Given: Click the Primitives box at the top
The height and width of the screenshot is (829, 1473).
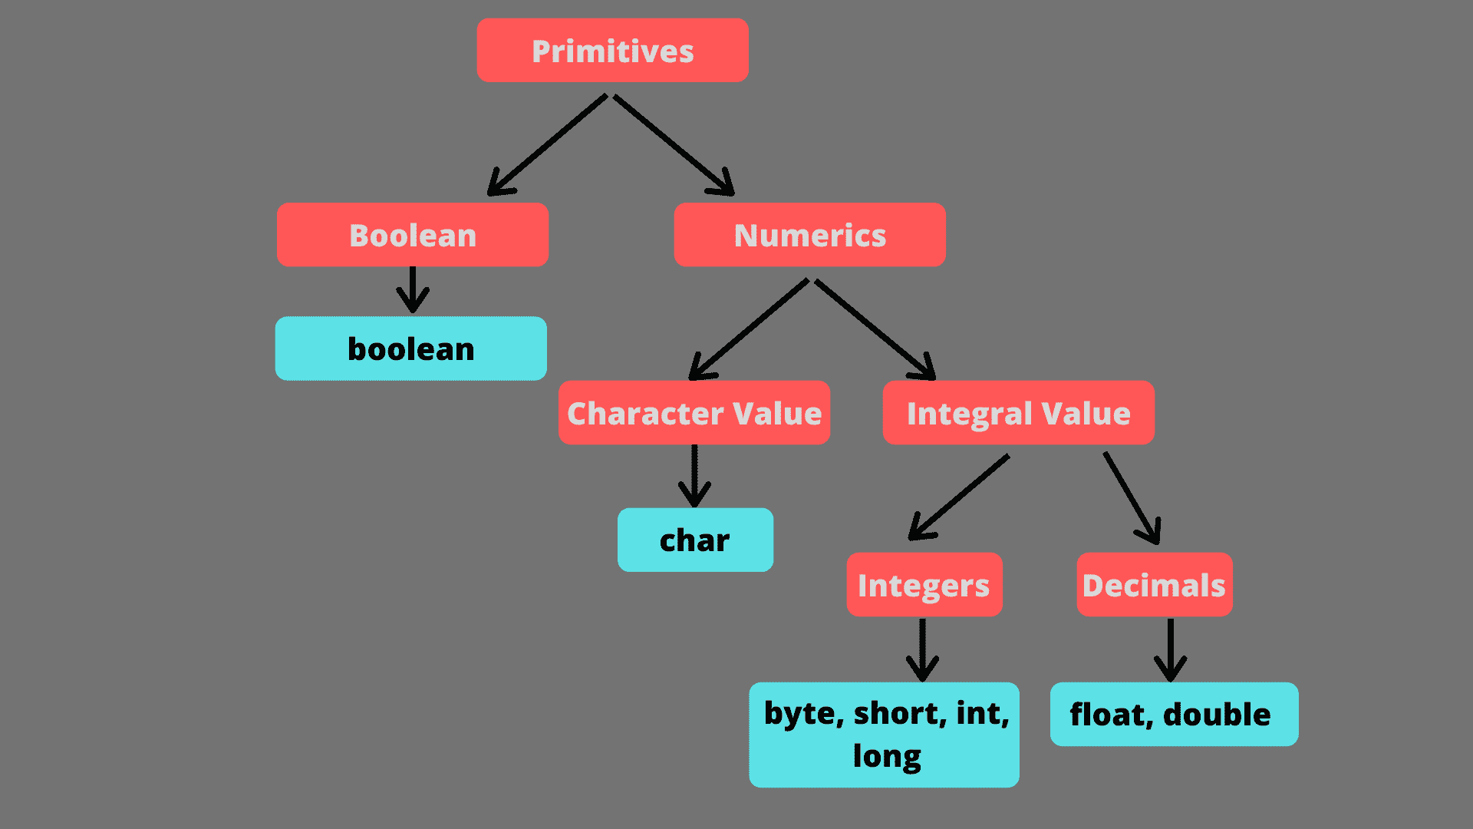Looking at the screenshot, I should coord(612,51).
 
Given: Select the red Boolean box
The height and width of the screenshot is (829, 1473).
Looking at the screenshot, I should coord(413,235).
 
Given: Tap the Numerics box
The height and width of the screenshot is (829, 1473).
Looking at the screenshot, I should coord(809,235).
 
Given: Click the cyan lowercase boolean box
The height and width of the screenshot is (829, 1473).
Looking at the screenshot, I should coord(411,348).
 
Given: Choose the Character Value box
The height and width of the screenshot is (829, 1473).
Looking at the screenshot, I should coord(694,413).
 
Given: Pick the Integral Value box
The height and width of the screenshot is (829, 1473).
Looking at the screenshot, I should coord(1018,413).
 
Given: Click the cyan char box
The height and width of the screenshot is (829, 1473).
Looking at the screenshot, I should coord(695,540).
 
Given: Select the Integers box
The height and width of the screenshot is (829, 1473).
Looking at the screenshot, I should coord(924,585).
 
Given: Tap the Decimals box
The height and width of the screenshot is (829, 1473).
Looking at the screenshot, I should coord(1154,585).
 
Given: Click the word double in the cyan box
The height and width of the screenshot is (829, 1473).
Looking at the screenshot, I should coord(1217,715).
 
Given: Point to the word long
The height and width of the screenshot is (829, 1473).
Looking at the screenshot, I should coord(887,756).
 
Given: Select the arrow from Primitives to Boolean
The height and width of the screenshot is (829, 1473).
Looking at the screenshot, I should coord(547,145).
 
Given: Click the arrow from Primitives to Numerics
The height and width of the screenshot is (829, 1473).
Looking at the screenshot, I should coord(674,145).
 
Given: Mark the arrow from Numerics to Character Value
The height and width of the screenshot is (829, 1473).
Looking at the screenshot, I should coord(749,329).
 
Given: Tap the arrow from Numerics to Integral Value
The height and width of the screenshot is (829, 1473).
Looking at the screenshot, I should coord(875,329).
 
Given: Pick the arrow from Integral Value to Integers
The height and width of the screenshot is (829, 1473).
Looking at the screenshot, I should coord(959,497).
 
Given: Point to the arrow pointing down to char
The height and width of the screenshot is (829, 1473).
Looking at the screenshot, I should coord(694,476).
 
